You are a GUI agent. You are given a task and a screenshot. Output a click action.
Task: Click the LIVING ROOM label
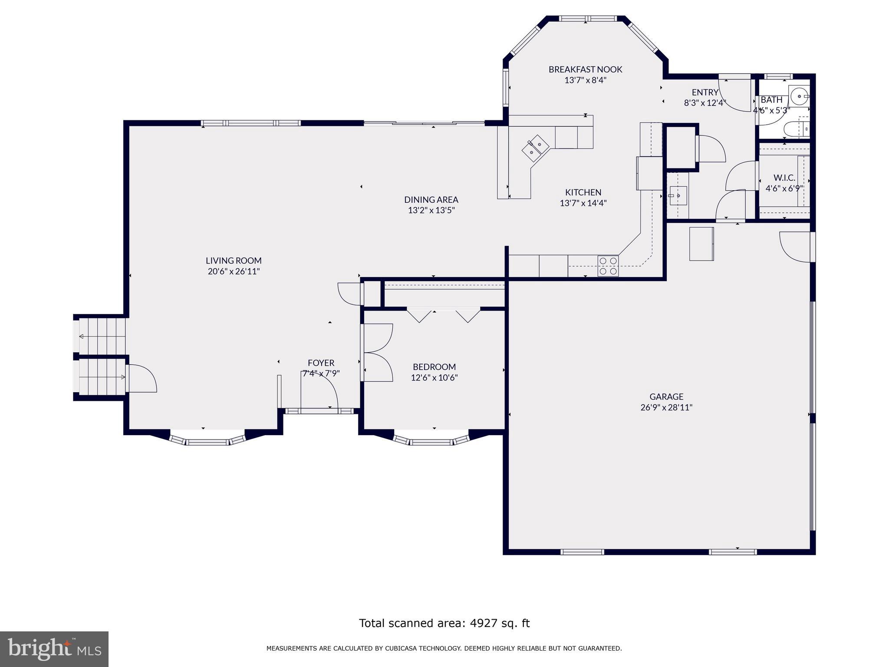234,261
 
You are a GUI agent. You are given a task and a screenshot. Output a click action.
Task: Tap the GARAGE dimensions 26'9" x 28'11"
666,407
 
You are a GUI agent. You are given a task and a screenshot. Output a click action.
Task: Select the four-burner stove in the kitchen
608,266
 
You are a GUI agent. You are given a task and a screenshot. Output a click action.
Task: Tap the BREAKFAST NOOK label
585,69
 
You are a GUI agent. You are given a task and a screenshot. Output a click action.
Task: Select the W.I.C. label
784,178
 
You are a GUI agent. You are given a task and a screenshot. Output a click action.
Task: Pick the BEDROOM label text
434,367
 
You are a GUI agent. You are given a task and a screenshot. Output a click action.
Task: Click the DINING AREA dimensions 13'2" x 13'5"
431,211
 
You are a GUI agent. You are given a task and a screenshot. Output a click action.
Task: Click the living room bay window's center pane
207,442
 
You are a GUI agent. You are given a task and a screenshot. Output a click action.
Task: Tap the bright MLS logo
54,649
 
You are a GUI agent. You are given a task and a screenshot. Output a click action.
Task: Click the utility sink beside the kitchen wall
677,195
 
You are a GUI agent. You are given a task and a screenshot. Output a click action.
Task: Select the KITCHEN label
583,192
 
